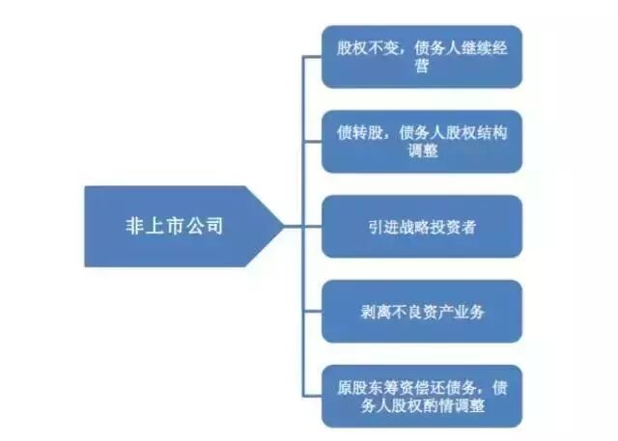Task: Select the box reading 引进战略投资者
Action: pos(421,227)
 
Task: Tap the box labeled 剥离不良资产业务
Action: pos(421,312)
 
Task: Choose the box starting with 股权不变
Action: pos(421,57)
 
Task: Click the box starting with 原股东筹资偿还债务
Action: pos(421,397)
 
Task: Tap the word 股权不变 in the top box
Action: pos(364,47)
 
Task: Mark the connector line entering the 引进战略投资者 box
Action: pos(312,227)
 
